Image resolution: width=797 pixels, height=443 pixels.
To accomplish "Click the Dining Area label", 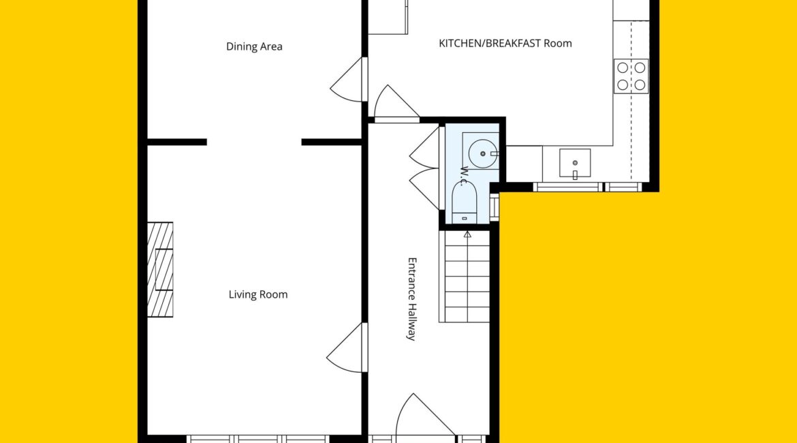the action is pyautogui.click(x=254, y=47).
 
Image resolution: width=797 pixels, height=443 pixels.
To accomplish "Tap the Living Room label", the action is pyautogui.click(x=257, y=294).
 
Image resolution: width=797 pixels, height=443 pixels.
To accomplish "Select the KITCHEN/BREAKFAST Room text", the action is pyautogui.click(x=505, y=43).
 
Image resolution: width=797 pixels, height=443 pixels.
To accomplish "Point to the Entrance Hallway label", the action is pyautogui.click(x=412, y=299).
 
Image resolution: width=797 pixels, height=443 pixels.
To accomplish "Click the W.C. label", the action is pyautogui.click(x=464, y=175).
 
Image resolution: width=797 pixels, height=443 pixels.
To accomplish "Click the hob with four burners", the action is pyautogui.click(x=631, y=76).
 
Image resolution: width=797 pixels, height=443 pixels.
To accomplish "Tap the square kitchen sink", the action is pyautogui.click(x=575, y=164).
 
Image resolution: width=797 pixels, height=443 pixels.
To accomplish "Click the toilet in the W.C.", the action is pyautogui.click(x=465, y=202).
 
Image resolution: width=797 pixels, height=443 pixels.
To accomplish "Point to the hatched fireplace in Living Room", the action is pyautogui.click(x=160, y=270).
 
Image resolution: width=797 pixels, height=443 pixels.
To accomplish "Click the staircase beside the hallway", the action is pyautogui.click(x=465, y=276).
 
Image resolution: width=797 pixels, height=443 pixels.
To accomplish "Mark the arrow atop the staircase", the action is pyautogui.click(x=467, y=234).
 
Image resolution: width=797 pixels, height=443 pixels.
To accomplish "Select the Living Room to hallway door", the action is pyautogui.click(x=347, y=348).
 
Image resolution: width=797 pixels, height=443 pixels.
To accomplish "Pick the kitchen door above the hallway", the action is pyautogui.click(x=396, y=103).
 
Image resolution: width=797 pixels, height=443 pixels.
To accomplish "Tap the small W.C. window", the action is pyautogui.click(x=495, y=207).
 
